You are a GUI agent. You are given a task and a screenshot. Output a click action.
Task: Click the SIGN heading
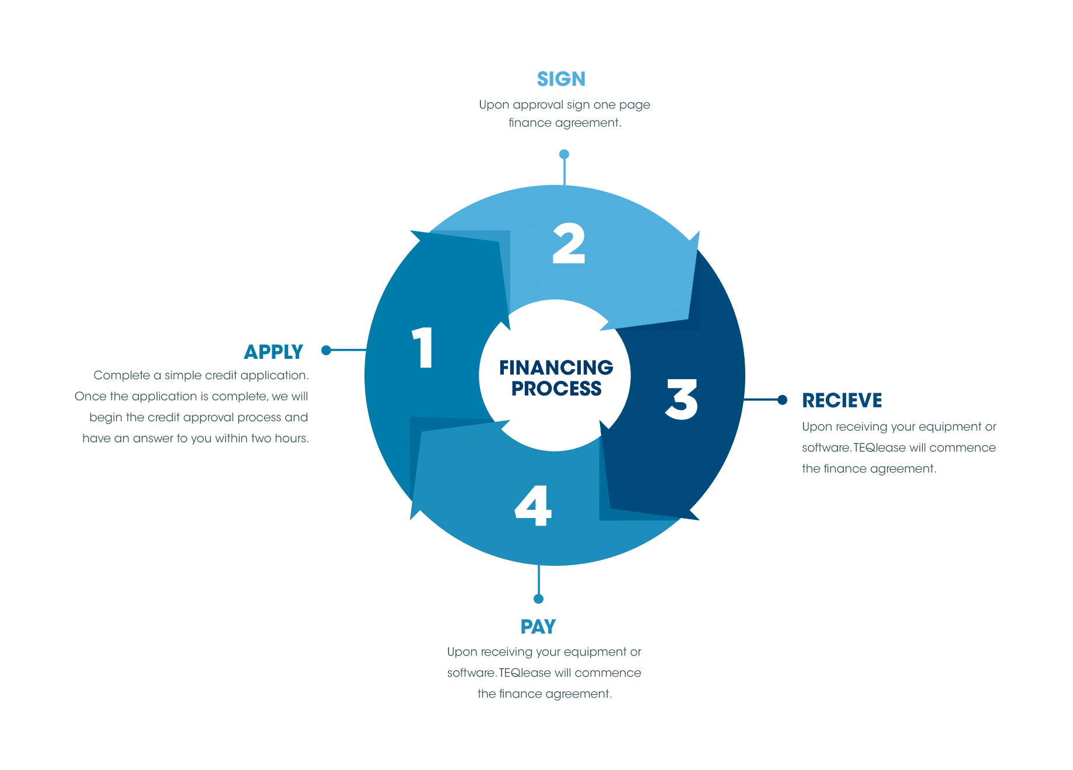[561, 79]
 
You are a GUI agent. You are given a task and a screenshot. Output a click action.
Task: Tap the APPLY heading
[273, 352]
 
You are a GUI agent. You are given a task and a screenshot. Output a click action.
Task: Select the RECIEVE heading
[842, 400]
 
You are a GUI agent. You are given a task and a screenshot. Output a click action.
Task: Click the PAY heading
[538, 626]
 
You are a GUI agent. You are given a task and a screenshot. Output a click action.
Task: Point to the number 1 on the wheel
[423, 348]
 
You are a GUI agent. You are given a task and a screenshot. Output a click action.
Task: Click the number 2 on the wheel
[569, 243]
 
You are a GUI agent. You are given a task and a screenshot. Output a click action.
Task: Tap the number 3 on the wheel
[681, 399]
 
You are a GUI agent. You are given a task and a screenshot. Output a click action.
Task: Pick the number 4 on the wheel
[533, 505]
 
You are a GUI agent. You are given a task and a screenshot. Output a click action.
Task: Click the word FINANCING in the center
[556, 367]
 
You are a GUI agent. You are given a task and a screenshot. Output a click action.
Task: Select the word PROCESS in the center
[556, 388]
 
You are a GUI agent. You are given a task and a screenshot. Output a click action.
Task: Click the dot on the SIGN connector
[564, 154]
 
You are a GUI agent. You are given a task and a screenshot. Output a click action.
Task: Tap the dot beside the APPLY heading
[327, 350]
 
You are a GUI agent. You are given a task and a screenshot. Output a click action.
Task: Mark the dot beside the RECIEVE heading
[783, 400]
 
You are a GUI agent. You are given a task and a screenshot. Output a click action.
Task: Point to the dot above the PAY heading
[538, 599]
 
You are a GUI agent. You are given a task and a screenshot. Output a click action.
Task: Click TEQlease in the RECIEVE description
[879, 447]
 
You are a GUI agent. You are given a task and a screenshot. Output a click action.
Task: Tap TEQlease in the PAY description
[525, 673]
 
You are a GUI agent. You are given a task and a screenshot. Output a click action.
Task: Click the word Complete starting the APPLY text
[122, 376]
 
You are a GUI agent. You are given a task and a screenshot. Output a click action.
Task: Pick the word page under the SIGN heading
[635, 106]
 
